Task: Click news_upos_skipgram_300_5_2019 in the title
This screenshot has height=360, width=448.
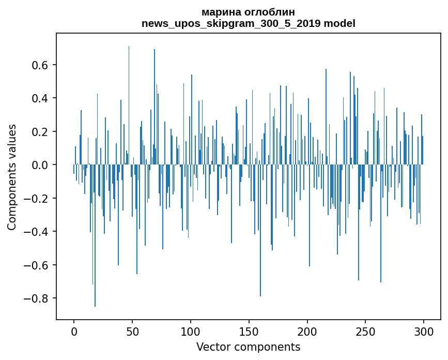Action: click(231, 23)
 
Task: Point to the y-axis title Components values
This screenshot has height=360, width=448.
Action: click(12, 177)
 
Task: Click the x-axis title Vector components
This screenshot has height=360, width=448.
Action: click(248, 347)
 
